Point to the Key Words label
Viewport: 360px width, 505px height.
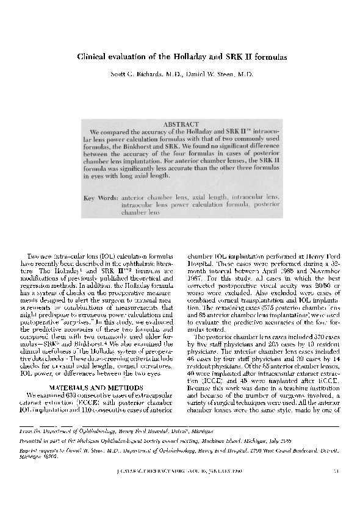point(101,198)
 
